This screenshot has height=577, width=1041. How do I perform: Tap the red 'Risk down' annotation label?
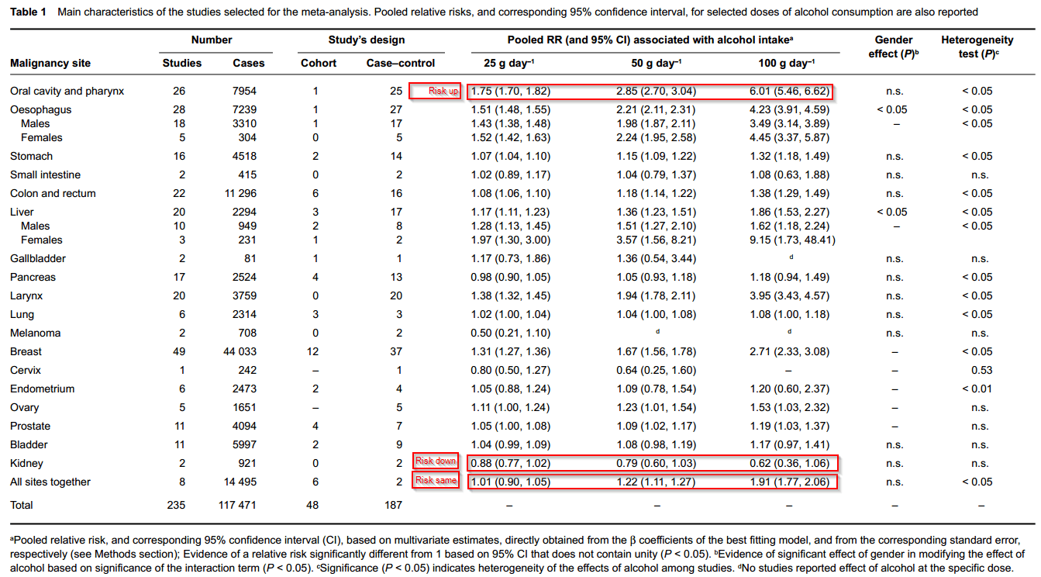point(436,461)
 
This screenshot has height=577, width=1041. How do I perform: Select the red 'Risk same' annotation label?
point(436,480)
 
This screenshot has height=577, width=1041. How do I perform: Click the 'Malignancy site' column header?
point(50,64)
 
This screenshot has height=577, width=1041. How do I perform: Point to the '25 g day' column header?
point(509,63)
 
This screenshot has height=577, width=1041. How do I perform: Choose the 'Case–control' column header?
point(401,63)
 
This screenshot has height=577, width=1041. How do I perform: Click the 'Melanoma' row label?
point(36,333)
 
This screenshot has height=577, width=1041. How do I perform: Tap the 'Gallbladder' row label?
point(38,258)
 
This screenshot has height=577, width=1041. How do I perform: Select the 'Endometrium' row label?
point(43,389)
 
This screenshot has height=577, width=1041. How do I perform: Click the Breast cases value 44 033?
point(240,351)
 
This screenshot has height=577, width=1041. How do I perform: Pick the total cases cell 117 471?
point(237,505)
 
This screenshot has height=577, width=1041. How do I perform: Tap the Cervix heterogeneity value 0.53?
point(981,370)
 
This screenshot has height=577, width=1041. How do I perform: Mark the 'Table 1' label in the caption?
point(28,12)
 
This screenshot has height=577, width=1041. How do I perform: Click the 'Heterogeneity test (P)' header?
point(977,47)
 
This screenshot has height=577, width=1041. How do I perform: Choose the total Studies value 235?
point(176,505)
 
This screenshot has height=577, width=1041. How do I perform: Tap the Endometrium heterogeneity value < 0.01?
point(977,389)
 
